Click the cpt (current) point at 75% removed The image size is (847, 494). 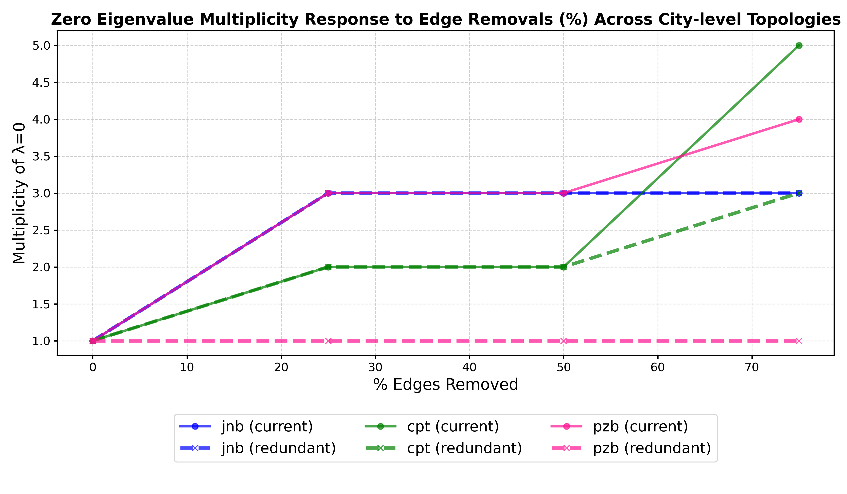799,45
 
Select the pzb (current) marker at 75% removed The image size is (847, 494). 799,119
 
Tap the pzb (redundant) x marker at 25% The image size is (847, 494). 328,341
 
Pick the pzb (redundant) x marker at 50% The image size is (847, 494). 564,341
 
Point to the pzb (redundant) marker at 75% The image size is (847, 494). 799,341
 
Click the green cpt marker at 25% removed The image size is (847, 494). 328,267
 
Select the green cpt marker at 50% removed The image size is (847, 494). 564,267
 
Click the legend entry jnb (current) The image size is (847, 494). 267,426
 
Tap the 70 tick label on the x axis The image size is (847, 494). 752,368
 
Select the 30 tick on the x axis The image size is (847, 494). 376,368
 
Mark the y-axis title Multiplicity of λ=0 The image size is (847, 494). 20,193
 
